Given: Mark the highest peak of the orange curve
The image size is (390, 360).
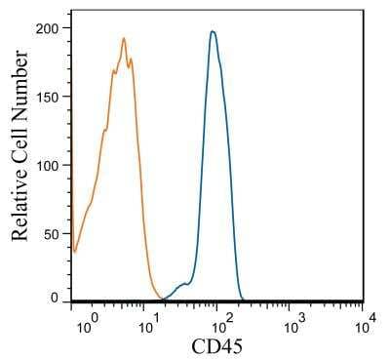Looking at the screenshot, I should pos(124,39).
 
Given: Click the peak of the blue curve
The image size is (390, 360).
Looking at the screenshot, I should pos(212,31).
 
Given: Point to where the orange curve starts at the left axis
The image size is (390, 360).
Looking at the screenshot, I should pos(73,250).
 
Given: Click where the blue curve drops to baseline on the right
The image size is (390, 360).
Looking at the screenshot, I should pos(242,299).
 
